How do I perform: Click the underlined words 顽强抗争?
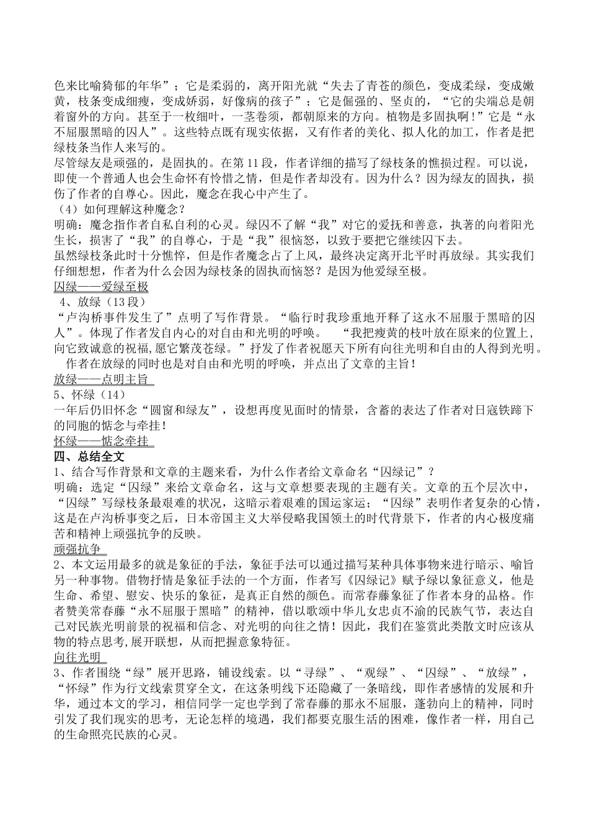(77, 549)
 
